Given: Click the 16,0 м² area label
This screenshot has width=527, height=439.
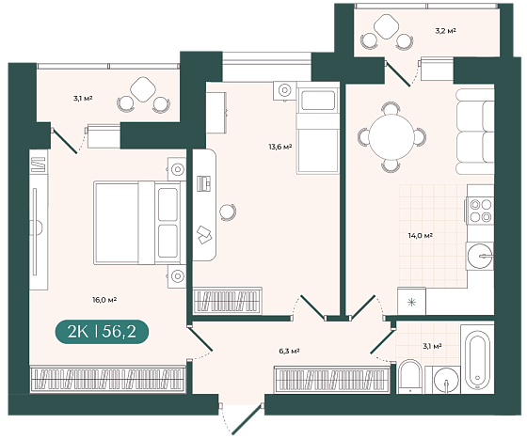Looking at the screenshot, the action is pyautogui.click(x=104, y=300).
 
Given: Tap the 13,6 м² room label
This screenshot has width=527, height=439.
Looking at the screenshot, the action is pyautogui.click(x=279, y=147).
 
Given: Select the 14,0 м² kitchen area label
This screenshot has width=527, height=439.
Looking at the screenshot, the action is pyautogui.click(x=420, y=236).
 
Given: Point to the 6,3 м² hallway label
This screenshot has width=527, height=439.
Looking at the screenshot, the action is pyautogui.click(x=289, y=351).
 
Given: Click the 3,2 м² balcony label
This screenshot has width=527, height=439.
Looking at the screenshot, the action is pyautogui.click(x=446, y=31).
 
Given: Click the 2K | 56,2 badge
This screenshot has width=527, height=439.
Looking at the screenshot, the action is pyautogui.click(x=102, y=332).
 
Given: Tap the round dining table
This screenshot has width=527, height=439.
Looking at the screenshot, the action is pyautogui.click(x=391, y=137).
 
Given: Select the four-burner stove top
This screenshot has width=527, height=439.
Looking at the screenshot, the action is pyautogui.click(x=480, y=211).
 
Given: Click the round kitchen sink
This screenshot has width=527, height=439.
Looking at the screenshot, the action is pyautogui.click(x=480, y=256).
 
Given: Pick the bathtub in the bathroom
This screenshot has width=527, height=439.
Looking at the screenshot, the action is pyautogui.click(x=477, y=359).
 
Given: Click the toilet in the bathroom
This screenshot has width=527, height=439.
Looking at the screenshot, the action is pyautogui.click(x=410, y=377).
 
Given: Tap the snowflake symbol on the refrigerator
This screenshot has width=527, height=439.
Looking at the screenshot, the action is pyautogui.click(x=410, y=302).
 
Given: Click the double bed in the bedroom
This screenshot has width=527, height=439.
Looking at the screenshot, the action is pyautogui.click(x=140, y=223).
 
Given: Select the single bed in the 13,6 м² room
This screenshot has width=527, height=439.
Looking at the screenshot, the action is pyautogui.click(x=318, y=128).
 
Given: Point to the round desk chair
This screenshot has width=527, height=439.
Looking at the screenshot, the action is pyautogui.click(x=228, y=212).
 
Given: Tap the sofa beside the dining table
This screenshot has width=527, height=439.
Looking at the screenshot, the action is pyautogui.click(x=475, y=132).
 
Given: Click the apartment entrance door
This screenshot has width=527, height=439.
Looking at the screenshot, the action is pyautogui.click(x=247, y=418).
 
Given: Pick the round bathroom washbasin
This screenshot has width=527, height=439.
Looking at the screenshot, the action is pyautogui.click(x=446, y=381).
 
